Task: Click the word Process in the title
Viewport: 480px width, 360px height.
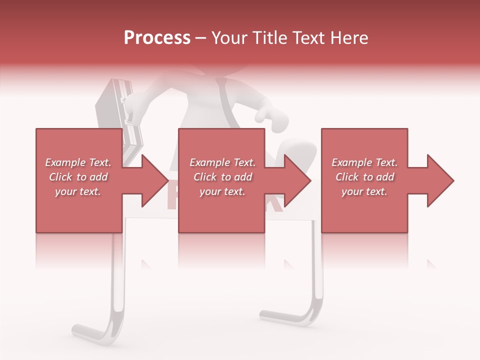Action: (x=157, y=38)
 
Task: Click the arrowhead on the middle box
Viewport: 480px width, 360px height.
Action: (x=295, y=180)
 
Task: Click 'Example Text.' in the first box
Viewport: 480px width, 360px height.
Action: (x=78, y=162)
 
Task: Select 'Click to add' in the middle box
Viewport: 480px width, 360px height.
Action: (x=222, y=177)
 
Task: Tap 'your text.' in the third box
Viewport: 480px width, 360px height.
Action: (x=364, y=191)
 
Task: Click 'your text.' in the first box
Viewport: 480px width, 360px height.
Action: (x=78, y=191)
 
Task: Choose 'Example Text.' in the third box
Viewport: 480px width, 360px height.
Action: (x=364, y=162)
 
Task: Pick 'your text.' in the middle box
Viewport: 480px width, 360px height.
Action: (x=222, y=191)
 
